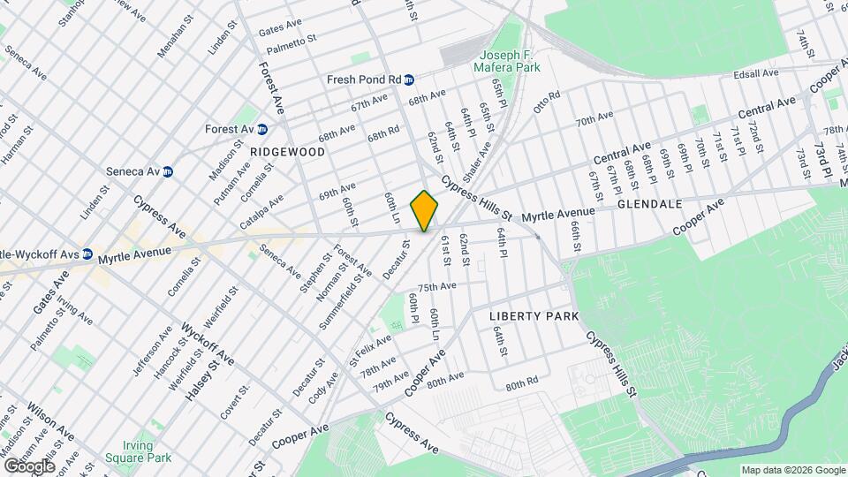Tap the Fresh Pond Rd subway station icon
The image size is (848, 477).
(x=410, y=79)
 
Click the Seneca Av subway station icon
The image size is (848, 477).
(x=167, y=170)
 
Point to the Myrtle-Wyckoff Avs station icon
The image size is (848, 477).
(x=87, y=254)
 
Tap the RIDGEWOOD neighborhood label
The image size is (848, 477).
(x=287, y=152)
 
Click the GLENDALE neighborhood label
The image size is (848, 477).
(x=649, y=204)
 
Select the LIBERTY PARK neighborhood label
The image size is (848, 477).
(x=534, y=316)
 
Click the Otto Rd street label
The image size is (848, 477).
(x=547, y=102)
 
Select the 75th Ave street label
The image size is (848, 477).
(x=436, y=287)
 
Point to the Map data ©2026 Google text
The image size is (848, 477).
(x=791, y=470)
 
